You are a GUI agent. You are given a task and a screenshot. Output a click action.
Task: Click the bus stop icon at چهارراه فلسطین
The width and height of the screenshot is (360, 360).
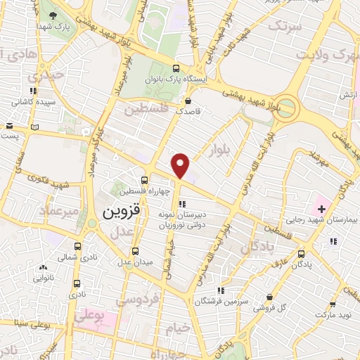[144, 180]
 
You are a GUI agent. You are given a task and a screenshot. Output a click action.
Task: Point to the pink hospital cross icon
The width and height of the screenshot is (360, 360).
[321, 209]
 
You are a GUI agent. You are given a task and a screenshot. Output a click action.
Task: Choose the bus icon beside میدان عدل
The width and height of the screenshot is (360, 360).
[136, 251]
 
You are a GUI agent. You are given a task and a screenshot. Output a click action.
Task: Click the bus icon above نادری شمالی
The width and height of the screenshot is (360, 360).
[77, 247]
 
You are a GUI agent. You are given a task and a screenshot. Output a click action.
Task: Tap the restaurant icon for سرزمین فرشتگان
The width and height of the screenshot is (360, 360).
[221, 290]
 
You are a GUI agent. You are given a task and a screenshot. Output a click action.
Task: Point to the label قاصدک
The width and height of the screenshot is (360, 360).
[188, 111]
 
